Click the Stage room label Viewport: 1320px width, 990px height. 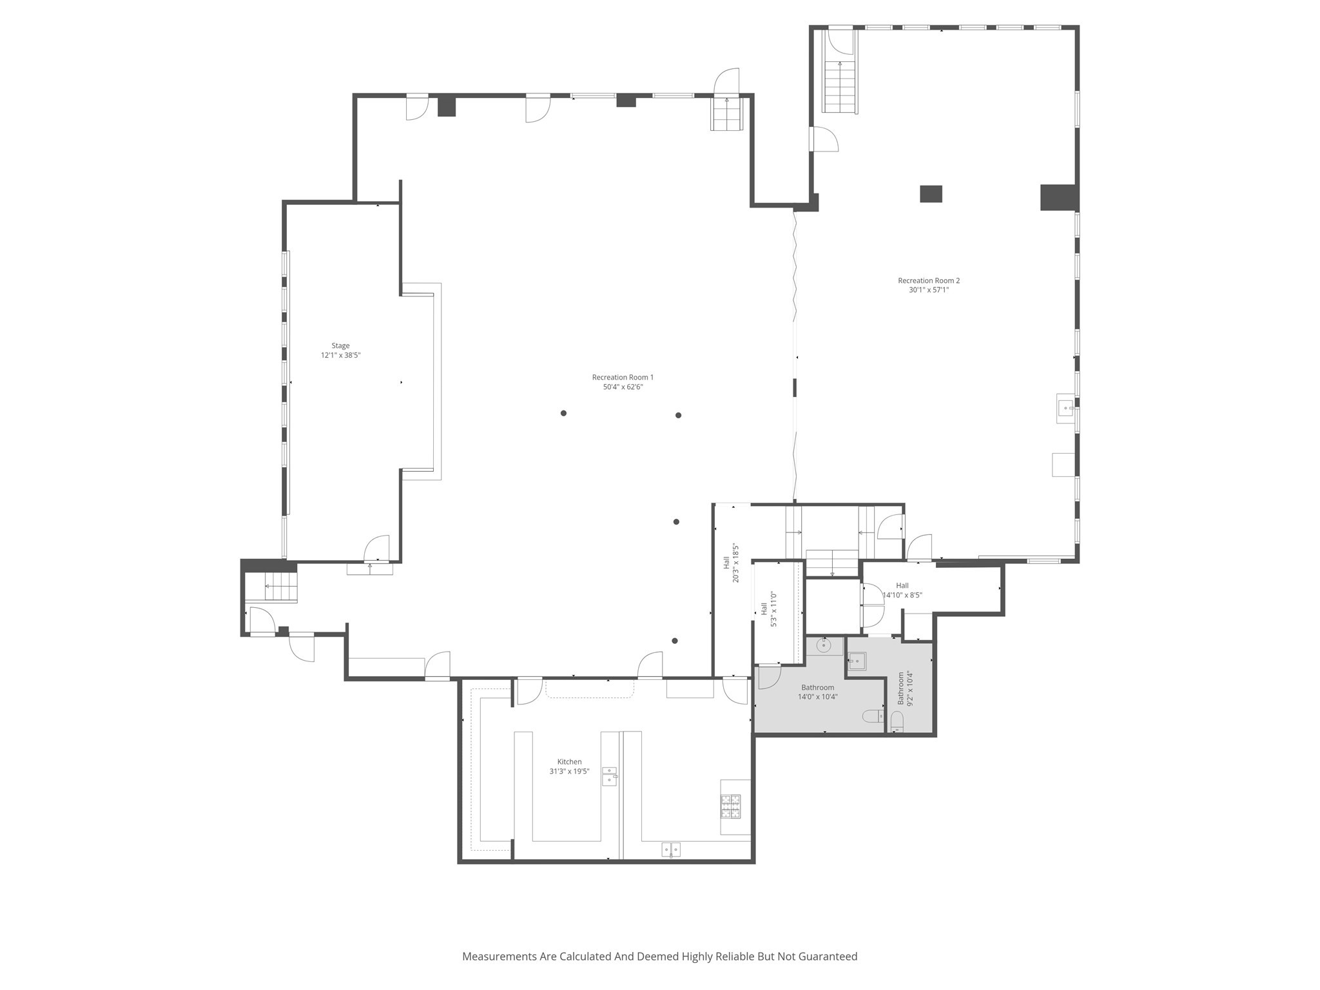(x=340, y=345)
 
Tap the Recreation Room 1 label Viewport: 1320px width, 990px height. (x=623, y=377)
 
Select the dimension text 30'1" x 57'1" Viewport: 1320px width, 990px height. (x=929, y=290)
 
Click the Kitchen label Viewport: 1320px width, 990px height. (x=569, y=762)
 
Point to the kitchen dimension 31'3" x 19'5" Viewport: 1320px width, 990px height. (x=569, y=772)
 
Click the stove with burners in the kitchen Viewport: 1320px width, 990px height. (x=730, y=806)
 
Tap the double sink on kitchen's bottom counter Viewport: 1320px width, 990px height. (x=671, y=850)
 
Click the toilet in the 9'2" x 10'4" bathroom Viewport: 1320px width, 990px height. (x=897, y=721)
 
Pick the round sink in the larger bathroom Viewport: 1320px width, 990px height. (x=824, y=645)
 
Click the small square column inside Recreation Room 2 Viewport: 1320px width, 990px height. (x=930, y=194)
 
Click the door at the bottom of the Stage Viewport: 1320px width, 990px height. (x=376, y=550)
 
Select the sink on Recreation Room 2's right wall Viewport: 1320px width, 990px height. (x=1065, y=408)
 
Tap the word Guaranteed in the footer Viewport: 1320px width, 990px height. (x=828, y=956)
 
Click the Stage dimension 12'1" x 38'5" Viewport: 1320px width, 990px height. (x=340, y=355)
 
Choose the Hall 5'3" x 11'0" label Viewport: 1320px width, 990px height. (x=769, y=609)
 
